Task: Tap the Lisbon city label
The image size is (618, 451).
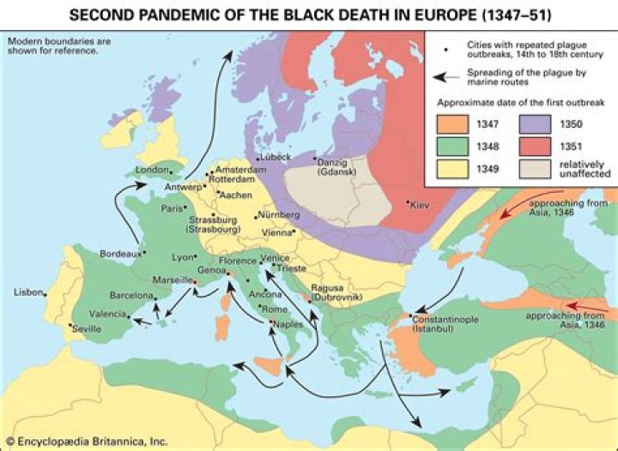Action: pyautogui.click(x=27, y=293)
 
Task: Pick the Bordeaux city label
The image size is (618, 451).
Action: pyautogui.click(x=119, y=254)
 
